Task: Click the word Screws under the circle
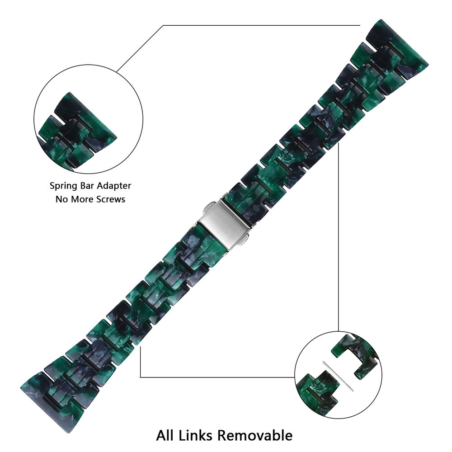pos(109,199)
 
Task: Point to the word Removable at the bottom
pos(255,436)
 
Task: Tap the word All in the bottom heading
pos(165,436)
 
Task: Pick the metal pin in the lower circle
pos(338,375)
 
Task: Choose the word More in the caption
pos(80,199)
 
